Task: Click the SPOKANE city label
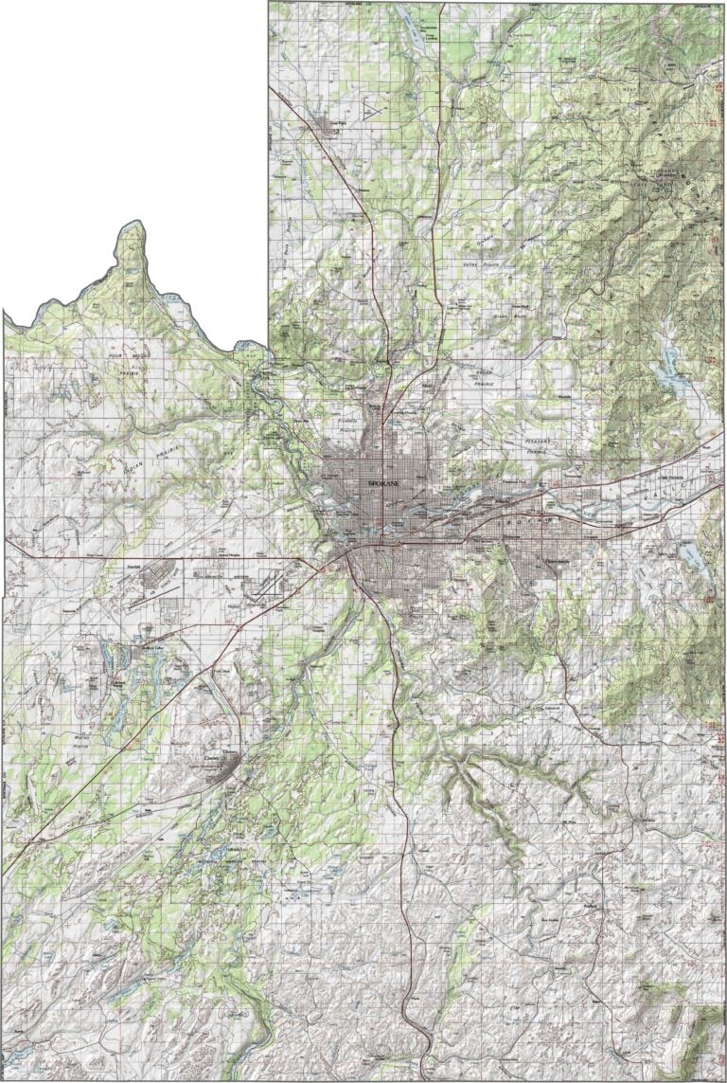[x=382, y=483]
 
